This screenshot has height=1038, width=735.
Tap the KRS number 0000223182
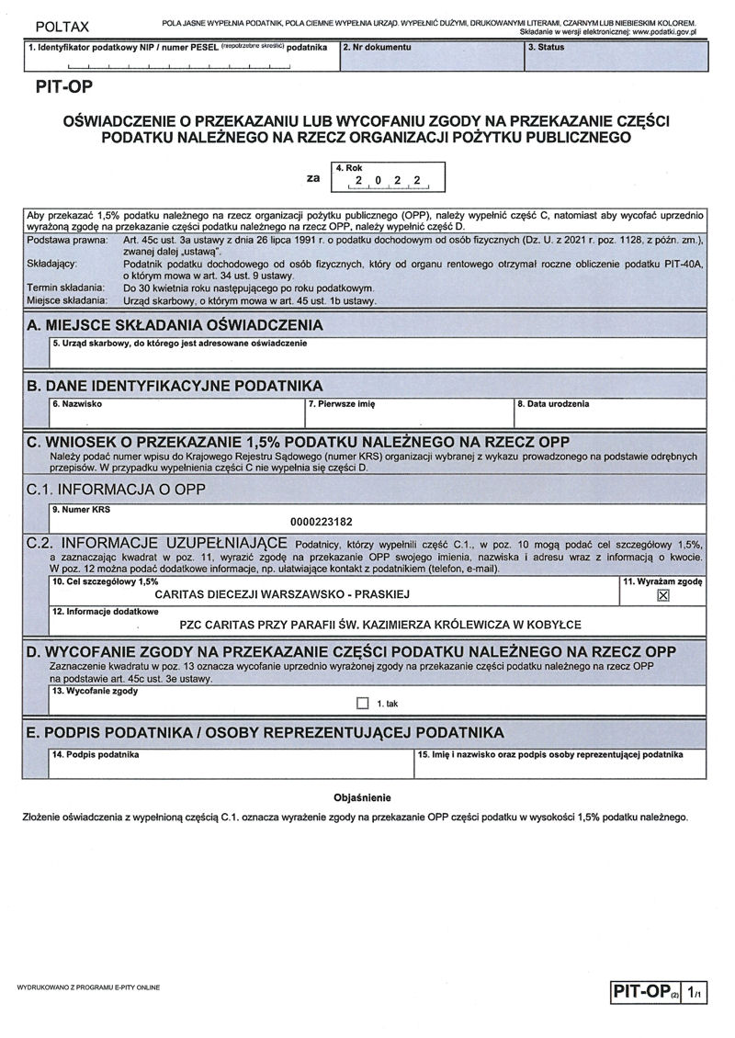(321, 522)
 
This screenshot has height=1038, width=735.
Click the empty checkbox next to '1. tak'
(362, 704)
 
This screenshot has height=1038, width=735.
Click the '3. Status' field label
(546, 47)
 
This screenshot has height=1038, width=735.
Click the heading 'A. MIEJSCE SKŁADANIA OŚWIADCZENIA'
(175, 325)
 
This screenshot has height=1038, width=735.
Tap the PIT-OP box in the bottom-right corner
(645, 992)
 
